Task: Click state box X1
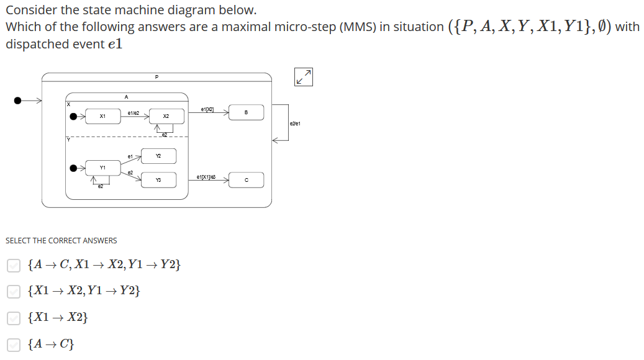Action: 102,116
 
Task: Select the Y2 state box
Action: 158,156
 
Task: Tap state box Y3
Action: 158,180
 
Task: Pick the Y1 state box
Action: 102,168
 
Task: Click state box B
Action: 246,112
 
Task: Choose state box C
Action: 246,181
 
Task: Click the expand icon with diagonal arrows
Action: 304,76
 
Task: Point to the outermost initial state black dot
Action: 19,100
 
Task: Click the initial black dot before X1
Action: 75,116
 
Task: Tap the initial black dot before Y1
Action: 75,168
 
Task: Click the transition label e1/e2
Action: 133,113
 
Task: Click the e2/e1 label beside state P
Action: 295,124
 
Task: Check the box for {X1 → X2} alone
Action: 13,318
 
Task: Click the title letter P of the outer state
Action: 156,77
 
